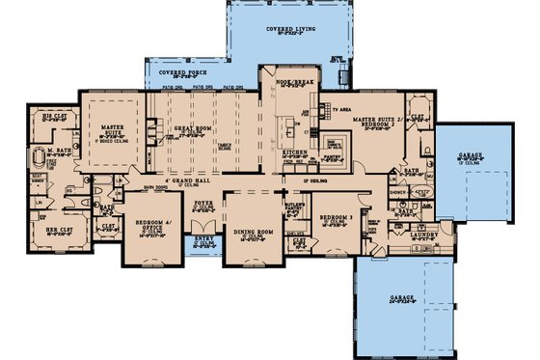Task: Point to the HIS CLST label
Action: pos(53,117)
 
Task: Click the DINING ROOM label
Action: pos(256,232)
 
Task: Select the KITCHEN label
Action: pos(293,152)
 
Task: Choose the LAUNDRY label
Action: pos(422,233)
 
